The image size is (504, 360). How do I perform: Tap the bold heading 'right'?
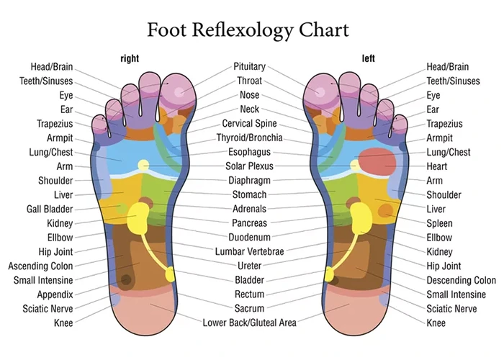(130, 58)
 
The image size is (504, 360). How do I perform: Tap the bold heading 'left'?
(368, 58)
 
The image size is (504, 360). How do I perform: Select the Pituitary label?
(249, 66)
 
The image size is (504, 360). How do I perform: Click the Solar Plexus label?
(249, 166)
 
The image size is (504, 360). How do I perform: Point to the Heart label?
(436, 166)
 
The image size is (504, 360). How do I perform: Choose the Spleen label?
(439, 223)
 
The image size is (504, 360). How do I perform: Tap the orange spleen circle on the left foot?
(385, 211)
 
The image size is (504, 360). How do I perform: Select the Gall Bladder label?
(50, 210)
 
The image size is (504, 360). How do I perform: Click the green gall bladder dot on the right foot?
(122, 208)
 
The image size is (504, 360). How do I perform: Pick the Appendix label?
(55, 294)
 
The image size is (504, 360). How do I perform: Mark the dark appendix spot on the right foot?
(126, 279)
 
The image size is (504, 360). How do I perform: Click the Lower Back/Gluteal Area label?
(249, 323)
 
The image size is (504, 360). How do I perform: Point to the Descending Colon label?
(461, 280)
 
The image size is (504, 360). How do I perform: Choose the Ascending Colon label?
(40, 266)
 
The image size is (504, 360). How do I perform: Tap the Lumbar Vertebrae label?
(249, 252)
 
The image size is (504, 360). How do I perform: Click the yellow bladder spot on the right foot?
(170, 274)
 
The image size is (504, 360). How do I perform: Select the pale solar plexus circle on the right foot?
(143, 165)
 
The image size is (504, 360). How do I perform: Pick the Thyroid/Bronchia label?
(249, 138)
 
